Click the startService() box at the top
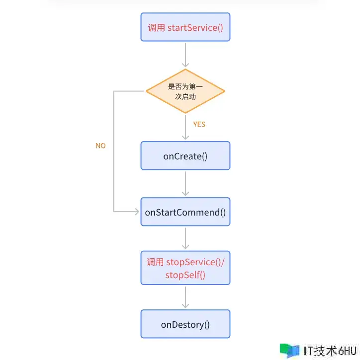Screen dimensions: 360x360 (185, 27)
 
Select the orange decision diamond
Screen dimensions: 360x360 (185, 91)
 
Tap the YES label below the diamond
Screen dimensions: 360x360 (199, 124)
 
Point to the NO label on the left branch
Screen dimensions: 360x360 (100, 146)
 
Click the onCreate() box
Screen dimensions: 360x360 (185, 156)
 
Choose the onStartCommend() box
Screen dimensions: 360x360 (185, 212)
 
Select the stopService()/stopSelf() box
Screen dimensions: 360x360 (185, 268)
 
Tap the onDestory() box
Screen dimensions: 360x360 (185, 325)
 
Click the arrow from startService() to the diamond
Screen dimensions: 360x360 (185, 55)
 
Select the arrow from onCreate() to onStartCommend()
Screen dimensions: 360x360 (185, 184)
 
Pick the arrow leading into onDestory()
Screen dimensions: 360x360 (185, 297)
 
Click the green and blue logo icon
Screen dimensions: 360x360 (289, 350)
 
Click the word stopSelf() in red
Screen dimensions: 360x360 (185, 275)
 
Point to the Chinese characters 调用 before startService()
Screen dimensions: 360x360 (156, 27)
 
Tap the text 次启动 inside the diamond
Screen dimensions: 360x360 (185, 96)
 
